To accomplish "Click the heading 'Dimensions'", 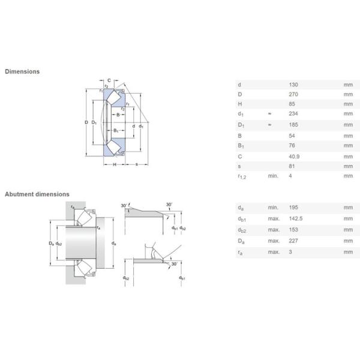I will (22, 71).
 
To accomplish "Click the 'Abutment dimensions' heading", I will (37, 194).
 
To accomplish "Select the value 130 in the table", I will (293, 85).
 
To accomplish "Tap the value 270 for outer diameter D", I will (293, 95).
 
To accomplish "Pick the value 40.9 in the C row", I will (295, 155).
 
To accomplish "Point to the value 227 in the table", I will (293, 241).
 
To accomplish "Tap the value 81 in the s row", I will (292, 166).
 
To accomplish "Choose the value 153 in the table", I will (293, 230).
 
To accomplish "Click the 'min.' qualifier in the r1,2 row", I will (272, 176).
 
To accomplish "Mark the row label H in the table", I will (240, 104).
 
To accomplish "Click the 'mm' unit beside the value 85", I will (348, 104).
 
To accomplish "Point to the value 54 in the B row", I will (292, 135).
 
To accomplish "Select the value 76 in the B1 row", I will (292, 145).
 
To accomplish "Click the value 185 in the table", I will (293, 125).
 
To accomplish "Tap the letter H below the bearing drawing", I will (115, 164).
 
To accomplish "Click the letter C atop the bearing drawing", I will (109, 80).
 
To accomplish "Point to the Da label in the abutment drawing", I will (51, 244).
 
